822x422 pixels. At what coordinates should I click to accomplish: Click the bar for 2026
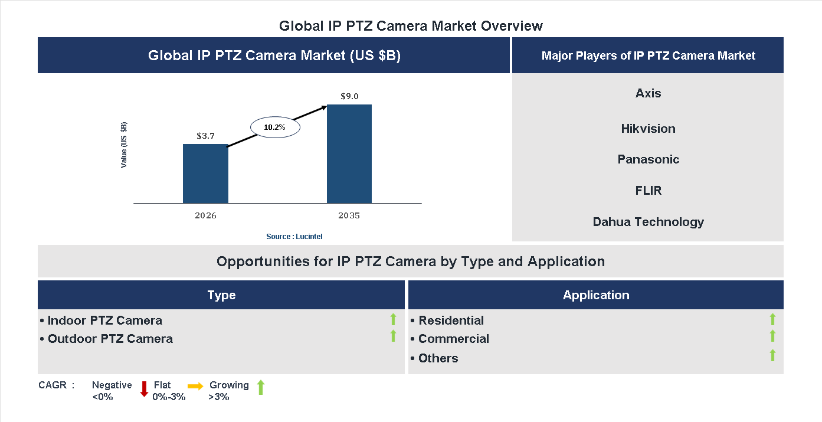pos(205,174)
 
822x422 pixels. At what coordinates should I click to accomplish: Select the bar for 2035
pos(349,154)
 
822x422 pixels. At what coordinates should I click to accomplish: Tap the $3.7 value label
pos(205,136)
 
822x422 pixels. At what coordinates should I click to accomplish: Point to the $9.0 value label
pos(349,96)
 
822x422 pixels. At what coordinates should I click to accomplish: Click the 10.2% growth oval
pos(275,127)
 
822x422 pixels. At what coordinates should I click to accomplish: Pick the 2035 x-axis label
pos(349,215)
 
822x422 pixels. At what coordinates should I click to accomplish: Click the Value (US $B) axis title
pos(124,145)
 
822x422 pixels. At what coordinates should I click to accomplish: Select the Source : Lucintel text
pos(294,236)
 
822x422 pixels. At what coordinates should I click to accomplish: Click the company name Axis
pos(648,93)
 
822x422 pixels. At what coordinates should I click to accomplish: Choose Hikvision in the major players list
pos(648,129)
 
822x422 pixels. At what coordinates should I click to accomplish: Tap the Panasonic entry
pos(648,159)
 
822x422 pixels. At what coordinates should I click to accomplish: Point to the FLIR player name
pos(648,191)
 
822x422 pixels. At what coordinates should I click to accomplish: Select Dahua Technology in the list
pos(648,222)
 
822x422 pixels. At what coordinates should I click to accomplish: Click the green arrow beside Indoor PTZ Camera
pos(393,320)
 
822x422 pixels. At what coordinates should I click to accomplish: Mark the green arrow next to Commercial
pos(772,336)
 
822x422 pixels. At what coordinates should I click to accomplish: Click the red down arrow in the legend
pos(143,388)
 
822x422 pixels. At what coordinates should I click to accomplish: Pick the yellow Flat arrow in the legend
pos(195,386)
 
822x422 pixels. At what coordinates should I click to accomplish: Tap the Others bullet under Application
pos(438,358)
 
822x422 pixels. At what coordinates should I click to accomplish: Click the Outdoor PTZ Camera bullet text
pos(110,339)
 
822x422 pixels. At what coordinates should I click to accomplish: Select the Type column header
pos(221,295)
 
